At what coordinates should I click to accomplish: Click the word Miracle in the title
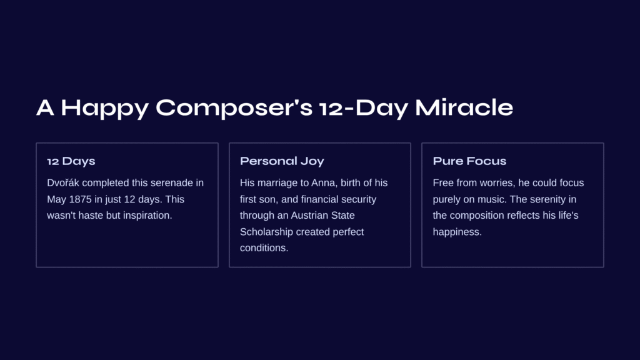[x=464, y=107]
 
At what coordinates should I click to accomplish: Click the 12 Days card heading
[x=71, y=161]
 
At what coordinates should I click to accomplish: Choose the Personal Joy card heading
[x=282, y=161]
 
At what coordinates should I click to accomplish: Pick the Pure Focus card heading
[x=469, y=161]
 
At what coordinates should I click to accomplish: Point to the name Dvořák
[x=63, y=183]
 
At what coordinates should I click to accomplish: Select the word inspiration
[x=147, y=216]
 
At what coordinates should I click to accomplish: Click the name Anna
[x=324, y=183]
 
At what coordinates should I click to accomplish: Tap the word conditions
[x=264, y=248]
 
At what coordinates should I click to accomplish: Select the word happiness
[x=457, y=232]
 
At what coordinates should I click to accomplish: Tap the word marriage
[x=278, y=184]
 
